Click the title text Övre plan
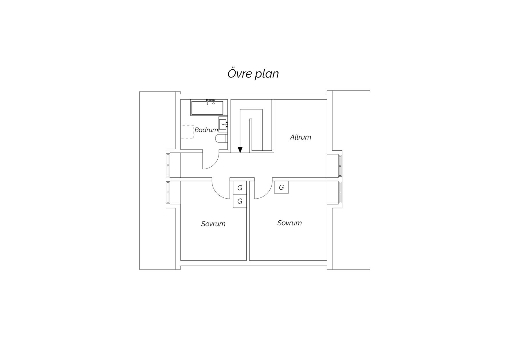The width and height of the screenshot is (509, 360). click(253, 74)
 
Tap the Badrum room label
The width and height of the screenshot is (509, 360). click(206, 130)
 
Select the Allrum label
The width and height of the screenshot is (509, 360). click(300, 137)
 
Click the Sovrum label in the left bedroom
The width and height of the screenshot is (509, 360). click(213, 224)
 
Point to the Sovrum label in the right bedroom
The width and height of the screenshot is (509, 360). click(290, 223)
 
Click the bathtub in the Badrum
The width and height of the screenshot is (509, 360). click(207, 108)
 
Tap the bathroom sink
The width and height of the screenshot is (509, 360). click(223, 125)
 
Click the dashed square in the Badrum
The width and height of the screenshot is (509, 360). click(188, 132)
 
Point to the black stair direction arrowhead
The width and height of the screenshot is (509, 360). click(240, 150)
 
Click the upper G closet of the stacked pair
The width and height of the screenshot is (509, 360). click(240, 188)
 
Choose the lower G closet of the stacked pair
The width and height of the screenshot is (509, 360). click(240, 201)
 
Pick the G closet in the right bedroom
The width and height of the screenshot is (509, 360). click(281, 187)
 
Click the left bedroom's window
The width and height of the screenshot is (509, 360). click(168, 192)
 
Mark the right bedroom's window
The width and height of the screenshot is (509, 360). click(340, 192)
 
